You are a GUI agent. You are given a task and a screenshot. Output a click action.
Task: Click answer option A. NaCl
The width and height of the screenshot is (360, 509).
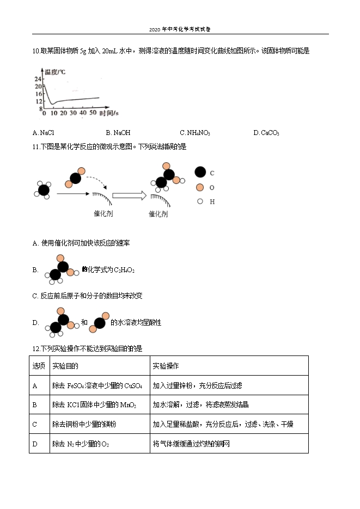click(43, 133)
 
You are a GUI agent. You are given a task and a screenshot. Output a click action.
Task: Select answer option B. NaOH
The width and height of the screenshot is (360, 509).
click(118, 133)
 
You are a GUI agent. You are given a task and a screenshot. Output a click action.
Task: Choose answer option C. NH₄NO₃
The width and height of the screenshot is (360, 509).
click(195, 133)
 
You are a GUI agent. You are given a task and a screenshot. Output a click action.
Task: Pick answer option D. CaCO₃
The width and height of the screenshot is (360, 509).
click(266, 133)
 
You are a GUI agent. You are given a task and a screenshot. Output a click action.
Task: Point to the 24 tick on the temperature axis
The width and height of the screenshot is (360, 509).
click(38, 79)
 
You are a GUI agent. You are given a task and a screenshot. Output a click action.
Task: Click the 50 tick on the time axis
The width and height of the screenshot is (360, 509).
click(92, 113)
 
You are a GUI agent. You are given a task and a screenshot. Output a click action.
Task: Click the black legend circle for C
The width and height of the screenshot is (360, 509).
click(200, 173)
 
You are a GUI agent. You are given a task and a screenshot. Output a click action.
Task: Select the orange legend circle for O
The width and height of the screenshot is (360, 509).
click(200, 187)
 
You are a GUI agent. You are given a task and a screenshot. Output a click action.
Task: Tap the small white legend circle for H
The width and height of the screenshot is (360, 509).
click(200, 201)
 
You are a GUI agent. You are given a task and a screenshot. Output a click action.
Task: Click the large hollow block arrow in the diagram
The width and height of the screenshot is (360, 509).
click(129, 195)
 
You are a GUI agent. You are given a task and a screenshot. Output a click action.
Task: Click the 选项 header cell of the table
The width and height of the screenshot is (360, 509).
click(39, 366)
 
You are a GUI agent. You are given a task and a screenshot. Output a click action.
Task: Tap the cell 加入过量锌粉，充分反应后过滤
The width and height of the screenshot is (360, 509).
click(197, 385)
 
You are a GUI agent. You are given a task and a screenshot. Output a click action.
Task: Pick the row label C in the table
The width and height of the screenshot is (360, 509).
click(35, 425)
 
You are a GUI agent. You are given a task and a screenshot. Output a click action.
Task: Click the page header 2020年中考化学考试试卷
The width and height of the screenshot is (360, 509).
click(180, 29)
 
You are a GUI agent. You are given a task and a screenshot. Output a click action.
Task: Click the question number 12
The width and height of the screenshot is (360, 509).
click(36, 348)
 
